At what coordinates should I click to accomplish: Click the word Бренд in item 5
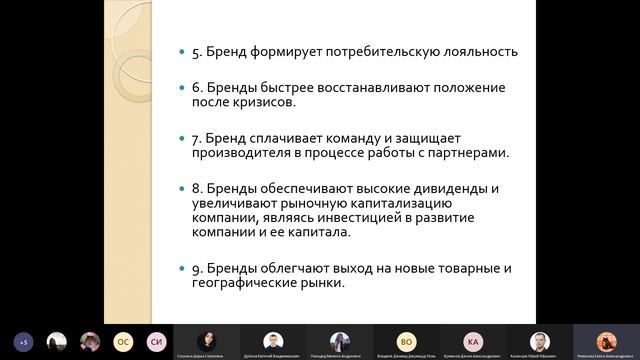226,51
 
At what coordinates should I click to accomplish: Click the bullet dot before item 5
180,52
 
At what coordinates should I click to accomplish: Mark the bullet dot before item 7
180,139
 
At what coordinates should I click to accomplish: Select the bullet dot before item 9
180,269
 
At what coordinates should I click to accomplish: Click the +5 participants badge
23,341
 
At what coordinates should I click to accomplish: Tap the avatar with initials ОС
123,341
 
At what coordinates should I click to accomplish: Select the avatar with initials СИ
156,341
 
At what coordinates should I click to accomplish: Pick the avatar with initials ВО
406,340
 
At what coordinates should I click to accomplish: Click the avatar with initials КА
473,340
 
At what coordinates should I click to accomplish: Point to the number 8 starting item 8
195,189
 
